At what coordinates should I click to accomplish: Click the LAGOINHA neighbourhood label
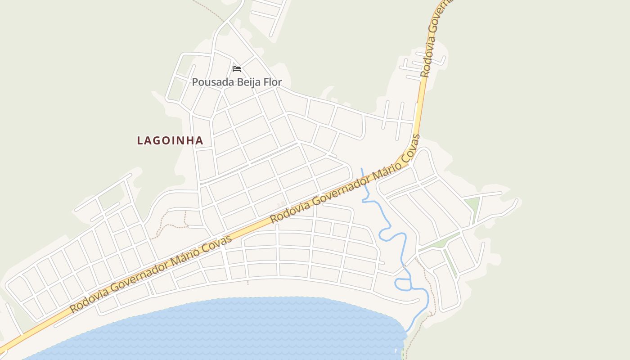tap(170, 140)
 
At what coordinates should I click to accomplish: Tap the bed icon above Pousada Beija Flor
tap(237, 69)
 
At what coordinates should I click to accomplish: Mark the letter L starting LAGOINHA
tap(140, 140)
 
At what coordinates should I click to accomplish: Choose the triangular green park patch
tap(472, 205)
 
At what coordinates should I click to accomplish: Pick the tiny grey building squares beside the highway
tap(281, 204)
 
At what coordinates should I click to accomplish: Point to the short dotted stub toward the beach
tap(247, 282)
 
